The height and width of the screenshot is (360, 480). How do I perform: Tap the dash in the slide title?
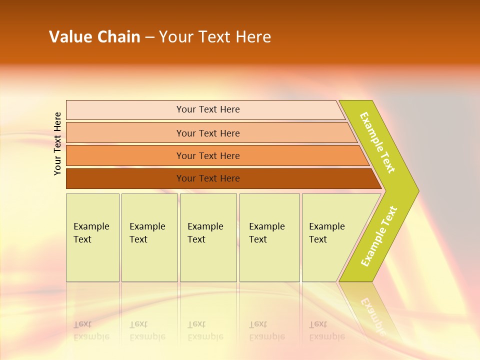[x=150, y=37]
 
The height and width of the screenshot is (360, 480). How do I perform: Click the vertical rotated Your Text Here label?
[x=58, y=144]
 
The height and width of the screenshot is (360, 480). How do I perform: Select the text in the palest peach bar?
[x=208, y=109]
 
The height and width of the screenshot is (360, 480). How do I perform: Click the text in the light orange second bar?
[x=208, y=133]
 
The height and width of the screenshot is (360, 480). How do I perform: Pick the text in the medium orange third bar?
[x=208, y=156]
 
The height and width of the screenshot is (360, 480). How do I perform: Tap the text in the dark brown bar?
[x=208, y=178]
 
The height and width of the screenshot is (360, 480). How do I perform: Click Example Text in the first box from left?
[x=91, y=233]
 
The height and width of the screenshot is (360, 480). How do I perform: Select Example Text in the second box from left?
[x=147, y=233]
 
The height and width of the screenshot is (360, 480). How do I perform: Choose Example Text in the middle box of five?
[x=205, y=233]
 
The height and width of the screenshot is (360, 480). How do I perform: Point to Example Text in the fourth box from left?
[x=266, y=233]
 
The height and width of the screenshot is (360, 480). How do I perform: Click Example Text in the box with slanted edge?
[x=326, y=233]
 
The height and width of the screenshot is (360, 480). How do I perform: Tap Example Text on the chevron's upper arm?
[x=377, y=142]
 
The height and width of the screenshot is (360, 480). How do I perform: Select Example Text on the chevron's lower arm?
[x=379, y=236]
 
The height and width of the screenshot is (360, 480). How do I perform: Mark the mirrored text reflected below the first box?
[x=91, y=330]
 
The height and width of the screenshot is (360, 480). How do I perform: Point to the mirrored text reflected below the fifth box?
[x=326, y=330]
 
